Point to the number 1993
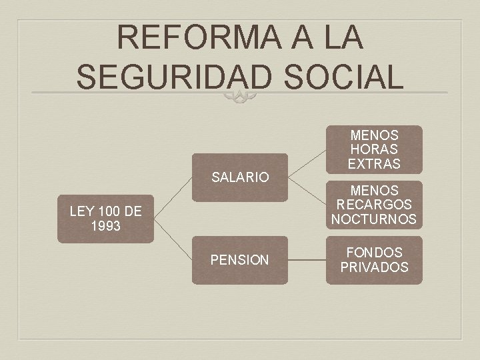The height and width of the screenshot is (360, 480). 105,227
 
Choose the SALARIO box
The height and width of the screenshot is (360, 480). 240,177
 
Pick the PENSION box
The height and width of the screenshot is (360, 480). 240,260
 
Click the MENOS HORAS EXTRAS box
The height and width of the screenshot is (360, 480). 374,149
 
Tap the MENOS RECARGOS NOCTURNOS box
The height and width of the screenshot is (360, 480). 374,205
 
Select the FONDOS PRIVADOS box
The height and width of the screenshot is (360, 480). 374,260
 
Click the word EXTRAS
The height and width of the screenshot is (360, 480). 374,163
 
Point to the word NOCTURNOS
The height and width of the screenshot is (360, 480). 374,219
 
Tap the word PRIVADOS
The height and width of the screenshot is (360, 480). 374,267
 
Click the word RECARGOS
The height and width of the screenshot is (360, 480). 374,205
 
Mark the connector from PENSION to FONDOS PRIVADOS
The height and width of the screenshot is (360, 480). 307,260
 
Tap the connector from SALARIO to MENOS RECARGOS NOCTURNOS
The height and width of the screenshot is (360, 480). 307,191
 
